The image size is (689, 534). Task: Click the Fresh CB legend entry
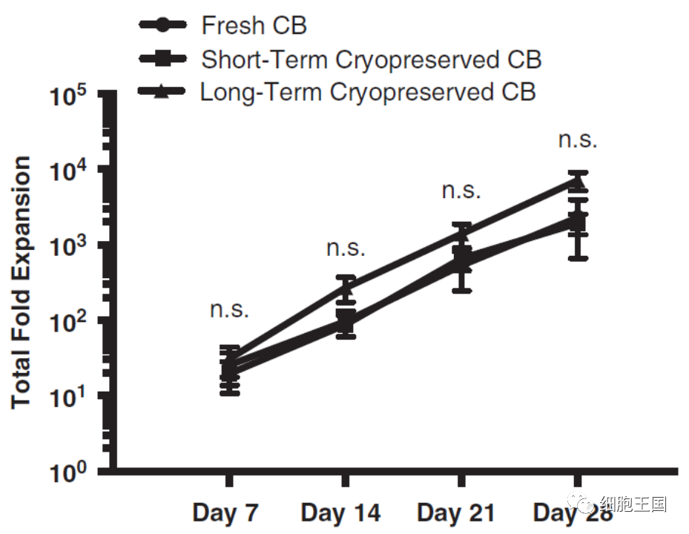point(254,25)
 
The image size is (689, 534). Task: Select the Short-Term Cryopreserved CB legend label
point(371,59)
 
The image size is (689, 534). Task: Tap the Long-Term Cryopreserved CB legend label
point(368,92)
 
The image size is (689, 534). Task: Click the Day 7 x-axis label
point(225,512)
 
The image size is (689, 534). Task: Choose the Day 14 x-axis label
point(340,512)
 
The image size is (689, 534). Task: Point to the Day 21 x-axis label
point(456,512)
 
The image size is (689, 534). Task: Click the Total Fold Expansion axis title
point(22,282)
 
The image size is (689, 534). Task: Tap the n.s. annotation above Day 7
point(229,309)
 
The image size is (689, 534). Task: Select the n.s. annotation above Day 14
point(346,248)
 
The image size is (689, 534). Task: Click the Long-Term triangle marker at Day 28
point(578,182)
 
